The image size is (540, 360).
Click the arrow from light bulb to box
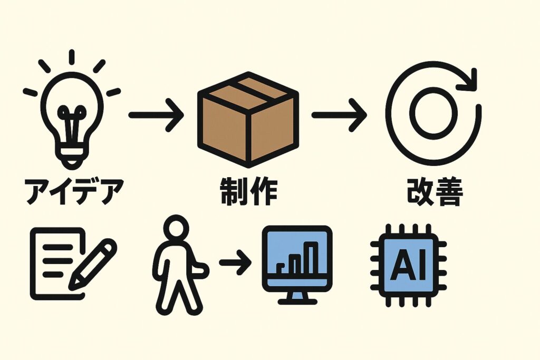155,114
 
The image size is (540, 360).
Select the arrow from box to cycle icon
338,115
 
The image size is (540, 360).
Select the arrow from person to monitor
234,262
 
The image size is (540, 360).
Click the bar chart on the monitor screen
300,258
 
